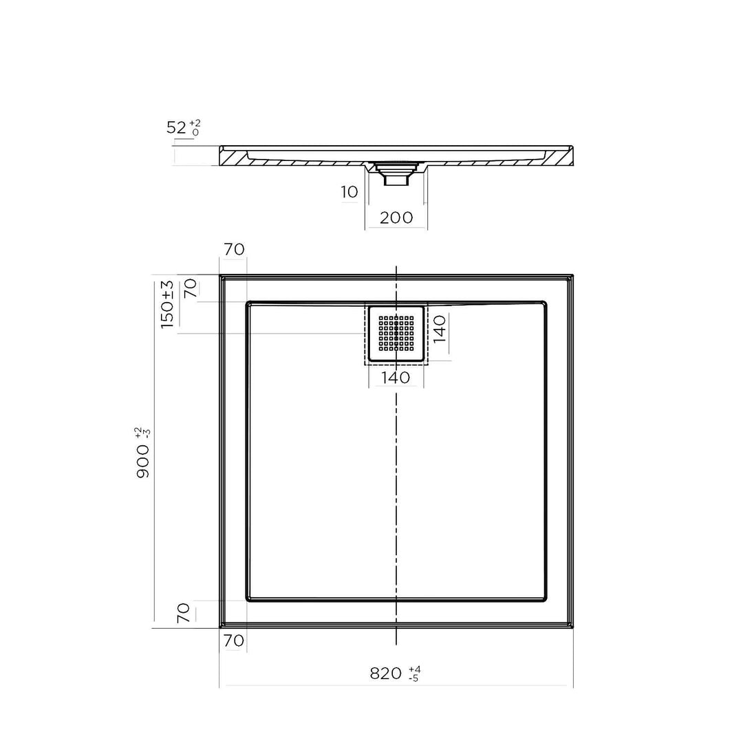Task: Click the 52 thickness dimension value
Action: click(x=177, y=127)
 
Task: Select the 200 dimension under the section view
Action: click(x=396, y=217)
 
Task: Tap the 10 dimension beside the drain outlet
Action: click(x=349, y=192)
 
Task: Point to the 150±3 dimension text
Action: click(x=167, y=304)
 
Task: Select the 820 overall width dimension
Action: click(x=385, y=674)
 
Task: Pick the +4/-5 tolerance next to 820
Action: click(x=414, y=674)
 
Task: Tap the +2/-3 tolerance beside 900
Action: click(x=143, y=433)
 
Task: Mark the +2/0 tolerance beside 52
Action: click(x=195, y=127)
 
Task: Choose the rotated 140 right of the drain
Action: click(x=440, y=329)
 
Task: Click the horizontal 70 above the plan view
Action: click(x=234, y=249)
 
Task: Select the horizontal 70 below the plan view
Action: click(x=234, y=640)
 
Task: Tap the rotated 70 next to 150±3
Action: click(x=191, y=288)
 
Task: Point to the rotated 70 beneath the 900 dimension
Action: click(x=183, y=613)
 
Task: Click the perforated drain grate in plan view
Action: click(x=396, y=334)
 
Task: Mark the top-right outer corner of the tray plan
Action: click(x=572, y=275)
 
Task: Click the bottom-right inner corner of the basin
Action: click(x=545, y=599)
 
